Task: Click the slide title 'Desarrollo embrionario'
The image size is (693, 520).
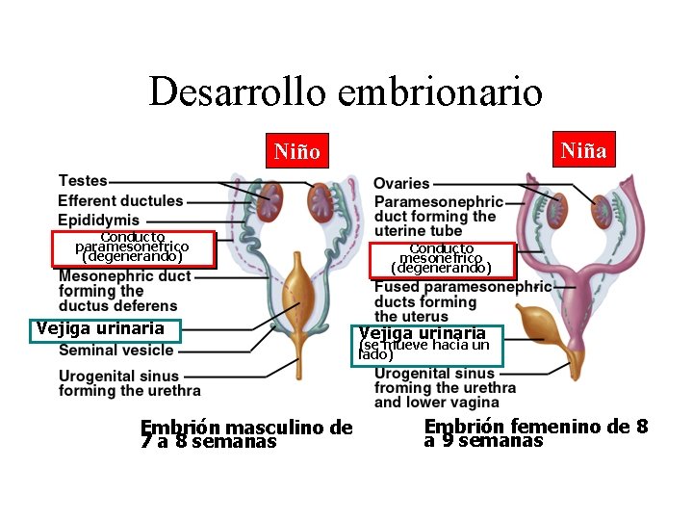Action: tap(346, 91)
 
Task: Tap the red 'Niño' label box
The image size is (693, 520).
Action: tap(297, 151)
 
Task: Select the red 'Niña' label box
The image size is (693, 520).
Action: tap(583, 149)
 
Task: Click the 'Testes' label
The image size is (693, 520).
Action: tap(83, 181)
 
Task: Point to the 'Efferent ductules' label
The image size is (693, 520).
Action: tap(120, 200)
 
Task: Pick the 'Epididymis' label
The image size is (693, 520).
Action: tap(98, 221)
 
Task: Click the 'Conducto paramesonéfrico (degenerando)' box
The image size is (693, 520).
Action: tap(132, 247)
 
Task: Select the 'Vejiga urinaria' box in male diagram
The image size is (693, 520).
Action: tap(105, 329)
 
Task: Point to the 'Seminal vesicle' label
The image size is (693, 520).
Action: tap(116, 351)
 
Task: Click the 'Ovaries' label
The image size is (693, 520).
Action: tap(401, 183)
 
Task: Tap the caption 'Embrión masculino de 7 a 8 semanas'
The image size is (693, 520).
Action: tap(246, 434)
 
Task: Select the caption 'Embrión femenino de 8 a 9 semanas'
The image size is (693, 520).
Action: tap(536, 433)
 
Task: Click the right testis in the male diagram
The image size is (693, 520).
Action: tap(320, 203)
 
